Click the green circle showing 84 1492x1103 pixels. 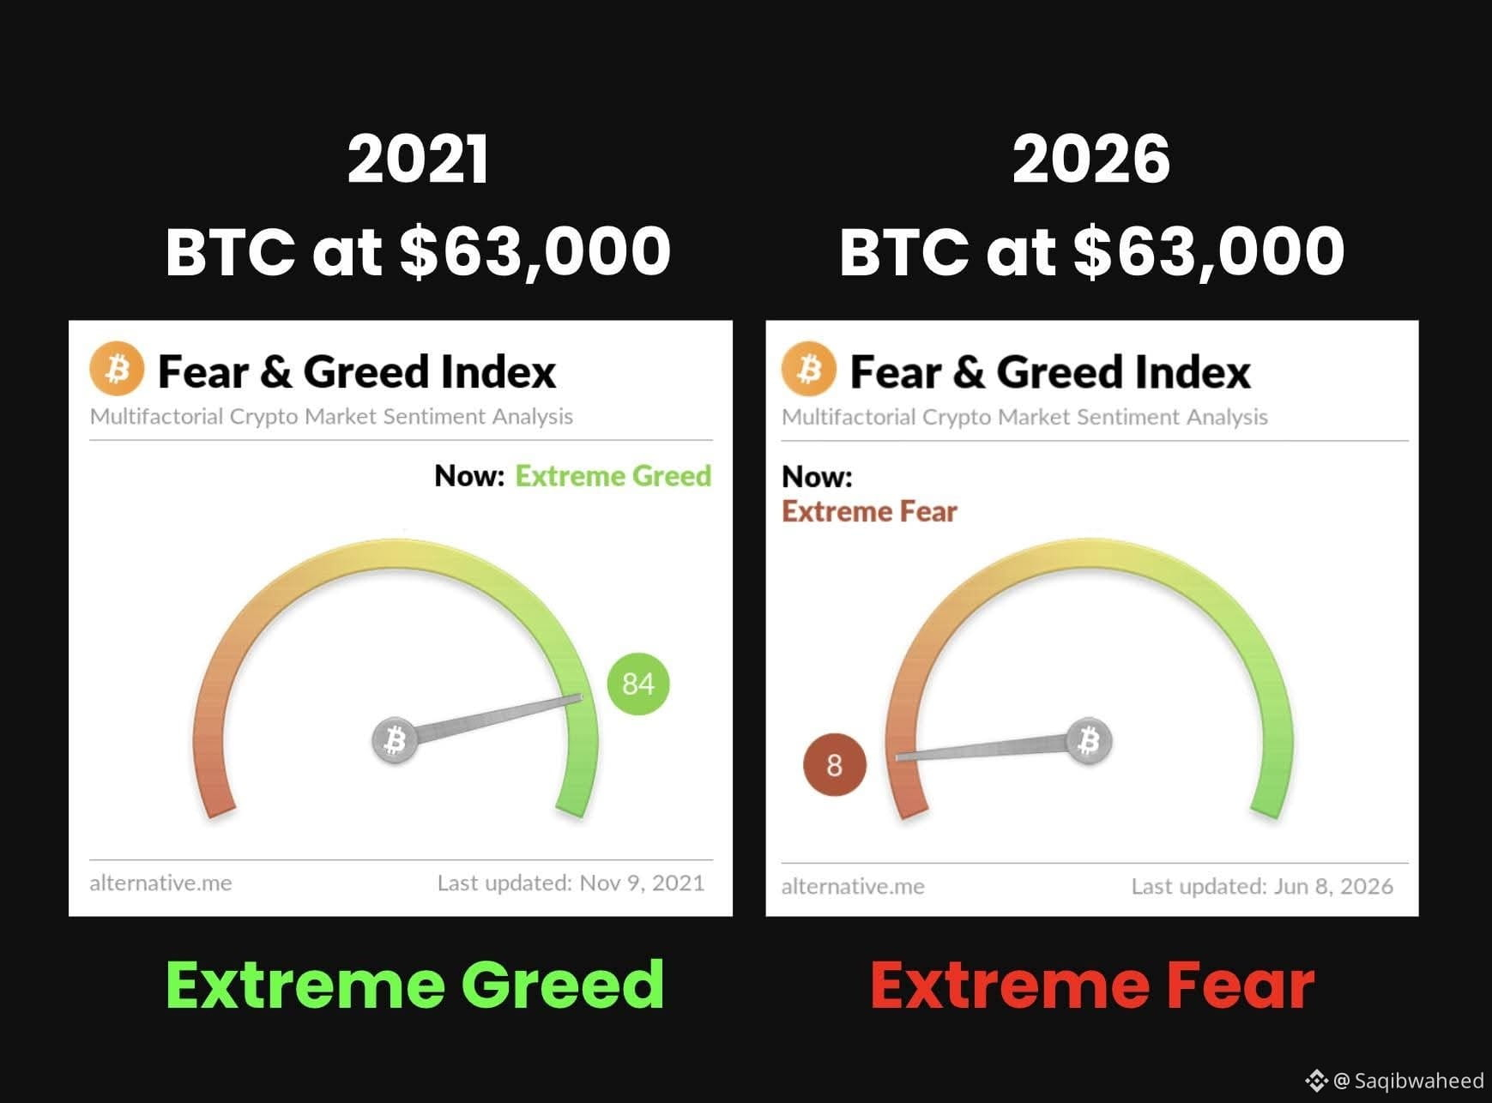click(638, 684)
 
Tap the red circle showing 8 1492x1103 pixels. click(835, 765)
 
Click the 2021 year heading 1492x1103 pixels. click(419, 160)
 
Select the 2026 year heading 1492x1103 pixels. click(1091, 160)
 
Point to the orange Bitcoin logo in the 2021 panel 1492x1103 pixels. click(117, 370)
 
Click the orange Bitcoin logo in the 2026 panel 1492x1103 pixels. click(809, 370)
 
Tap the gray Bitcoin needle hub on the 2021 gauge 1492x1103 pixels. click(395, 739)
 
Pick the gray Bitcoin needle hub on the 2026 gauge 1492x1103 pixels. click(1089, 740)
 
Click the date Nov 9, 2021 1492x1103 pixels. click(642, 883)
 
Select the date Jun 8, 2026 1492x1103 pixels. click(1333, 886)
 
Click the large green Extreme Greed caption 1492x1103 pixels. click(415, 985)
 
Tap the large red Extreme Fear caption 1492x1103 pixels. click(1092, 985)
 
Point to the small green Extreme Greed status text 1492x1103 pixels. click(613, 476)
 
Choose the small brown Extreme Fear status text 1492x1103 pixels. click(869, 512)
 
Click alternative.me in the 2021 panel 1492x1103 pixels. click(160, 883)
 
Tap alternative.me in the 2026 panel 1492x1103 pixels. click(853, 886)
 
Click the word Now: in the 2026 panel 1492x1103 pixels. click(817, 477)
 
